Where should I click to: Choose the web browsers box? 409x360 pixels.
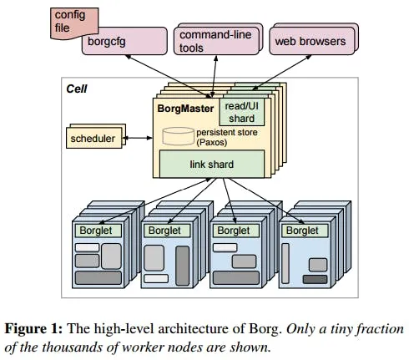[310, 40]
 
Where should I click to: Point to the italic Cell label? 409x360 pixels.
[76, 88]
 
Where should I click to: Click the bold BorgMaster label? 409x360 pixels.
[185, 108]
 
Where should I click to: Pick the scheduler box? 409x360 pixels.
[93, 137]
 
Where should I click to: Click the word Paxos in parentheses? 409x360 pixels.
[216, 142]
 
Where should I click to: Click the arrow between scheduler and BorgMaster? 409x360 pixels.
[139, 138]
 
